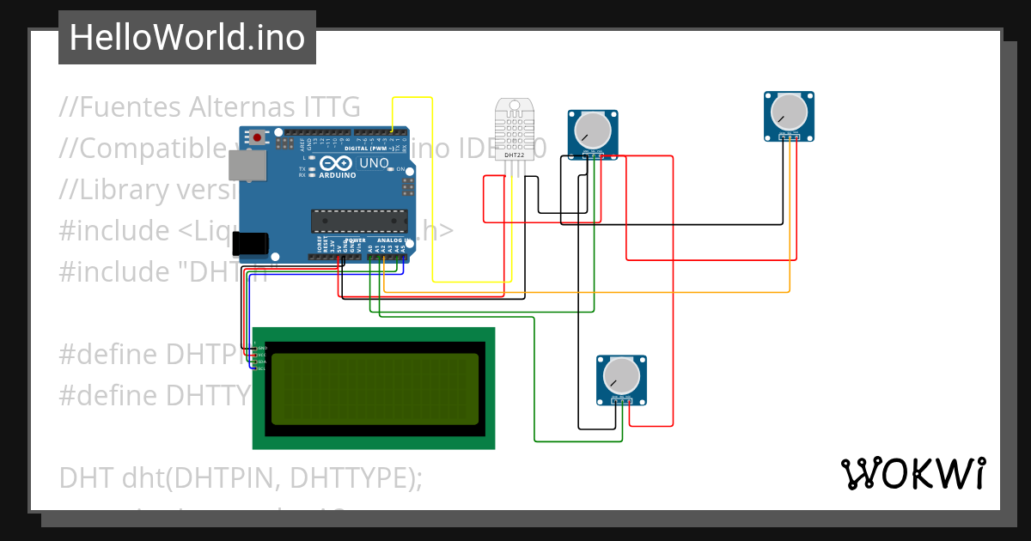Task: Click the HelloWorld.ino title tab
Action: pos(186,38)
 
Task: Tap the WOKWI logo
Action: pos(912,473)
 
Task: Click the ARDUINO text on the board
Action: pos(338,174)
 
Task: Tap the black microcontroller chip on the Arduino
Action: pos(357,222)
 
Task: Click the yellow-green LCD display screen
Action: pos(375,388)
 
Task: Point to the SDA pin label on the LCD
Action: pos(261,362)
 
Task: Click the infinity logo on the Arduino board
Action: pos(337,163)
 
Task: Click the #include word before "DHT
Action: pos(113,271)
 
